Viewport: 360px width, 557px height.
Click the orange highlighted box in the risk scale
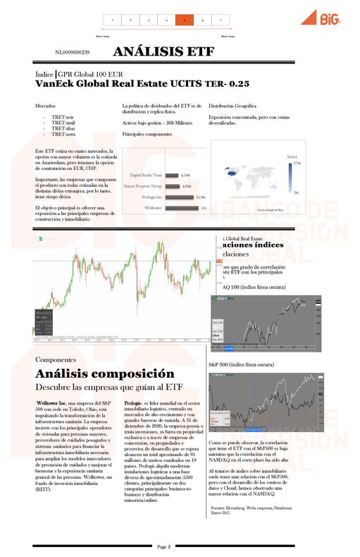(184, 20)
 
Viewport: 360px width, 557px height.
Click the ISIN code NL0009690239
(72, 52)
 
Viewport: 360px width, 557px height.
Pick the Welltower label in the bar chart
(153, 209)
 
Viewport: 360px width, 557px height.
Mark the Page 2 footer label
(164, 546)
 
